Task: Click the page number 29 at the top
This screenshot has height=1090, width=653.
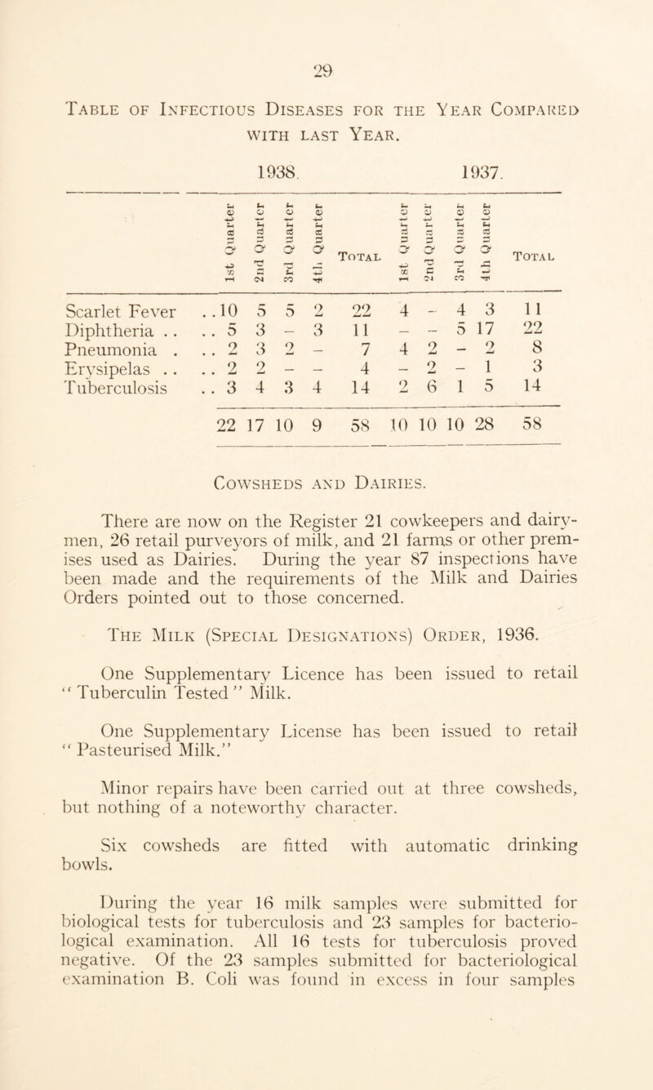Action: coord(326,24)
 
